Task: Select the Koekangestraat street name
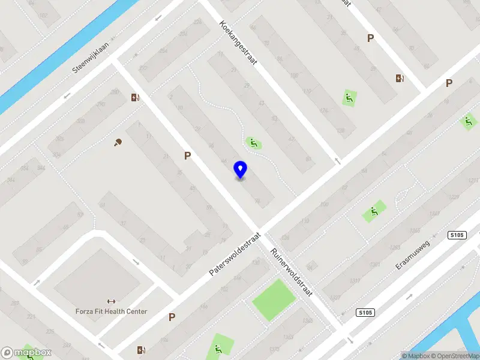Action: (x=238, y=43)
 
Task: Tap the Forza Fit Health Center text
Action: (x=111, y=311)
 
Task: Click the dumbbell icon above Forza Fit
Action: (x=110, y=301)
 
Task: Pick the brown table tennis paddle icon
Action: (x=118, y=142)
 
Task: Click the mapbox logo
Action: (x=26, y=352)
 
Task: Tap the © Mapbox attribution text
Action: (x=415, y=356)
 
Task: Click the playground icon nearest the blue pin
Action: (x=253, y=143)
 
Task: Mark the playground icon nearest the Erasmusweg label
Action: (x=374, y=212)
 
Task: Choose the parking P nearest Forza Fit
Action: (x=172, y=317)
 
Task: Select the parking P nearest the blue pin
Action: (x=188, y=155)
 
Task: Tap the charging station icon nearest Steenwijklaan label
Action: (x=136, y=97)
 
